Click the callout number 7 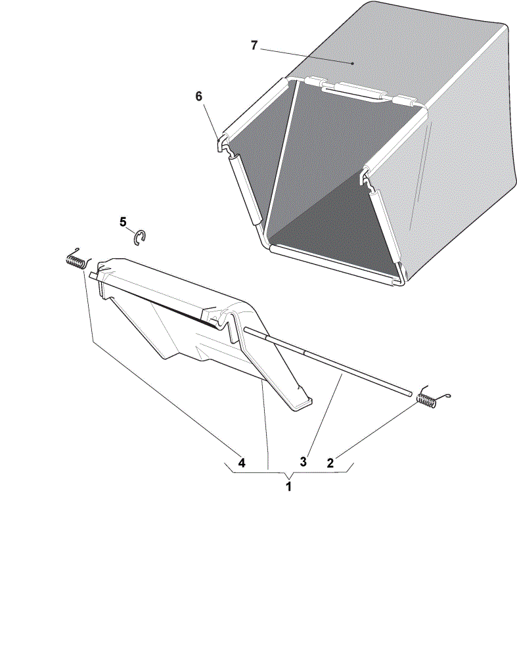[254, 45]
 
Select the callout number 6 [198, 97]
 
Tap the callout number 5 [123, 221]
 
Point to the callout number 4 [241, 463]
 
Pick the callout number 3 [303, 462]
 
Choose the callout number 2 [330, 463]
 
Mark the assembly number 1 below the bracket [288, 486]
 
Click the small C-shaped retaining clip [139, 238]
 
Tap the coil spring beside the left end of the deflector [78, 260]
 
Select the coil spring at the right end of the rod [429, 398]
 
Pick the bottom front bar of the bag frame [333, 265]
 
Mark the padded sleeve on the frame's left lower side [246, 189]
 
